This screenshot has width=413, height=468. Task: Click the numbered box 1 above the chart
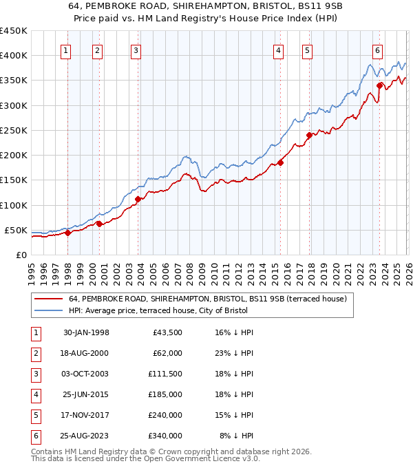[x=65, y=50]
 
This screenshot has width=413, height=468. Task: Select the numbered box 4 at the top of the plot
[x=278, y=50]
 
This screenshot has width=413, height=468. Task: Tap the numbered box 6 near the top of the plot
[x=378, y=50]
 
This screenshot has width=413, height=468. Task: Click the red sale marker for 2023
[x=380, y=86]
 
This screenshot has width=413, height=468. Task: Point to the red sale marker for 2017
[x=309, y=135]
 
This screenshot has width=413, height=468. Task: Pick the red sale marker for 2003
[x=138, y=200]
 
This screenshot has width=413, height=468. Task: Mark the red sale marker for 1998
[x=68, y=233]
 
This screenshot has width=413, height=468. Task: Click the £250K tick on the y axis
[x=13, y=130]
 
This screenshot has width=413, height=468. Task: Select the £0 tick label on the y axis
[x=21, y=255]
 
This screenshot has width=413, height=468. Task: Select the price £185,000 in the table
[x=165, y=394]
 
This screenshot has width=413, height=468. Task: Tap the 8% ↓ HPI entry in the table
[x=237, y=436]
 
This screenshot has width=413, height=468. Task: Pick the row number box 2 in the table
[x=35, y=353]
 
